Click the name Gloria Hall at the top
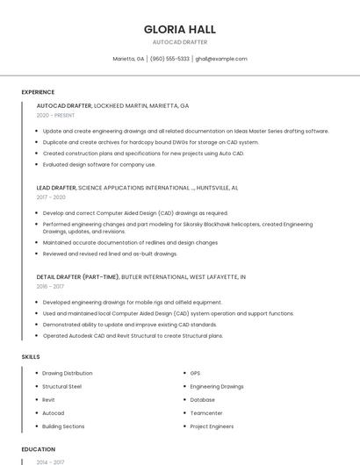point(179,29)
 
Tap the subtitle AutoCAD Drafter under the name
point(179,42)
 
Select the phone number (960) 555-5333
point(169,59)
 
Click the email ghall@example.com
point(221,59)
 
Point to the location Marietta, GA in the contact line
point(128,59)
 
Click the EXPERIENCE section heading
point(38,92)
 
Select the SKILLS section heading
point(31,357)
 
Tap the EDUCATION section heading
point(39,449)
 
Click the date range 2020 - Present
point(55,115)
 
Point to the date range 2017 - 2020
point(51,197)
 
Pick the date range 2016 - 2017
point(50,286)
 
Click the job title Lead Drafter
point(56,188)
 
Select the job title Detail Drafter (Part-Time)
point(77,276)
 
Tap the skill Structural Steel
point(61,386)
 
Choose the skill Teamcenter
point(207,413)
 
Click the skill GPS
point(195,373)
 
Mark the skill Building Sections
point(63,426)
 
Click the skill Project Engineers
point(212,426)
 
